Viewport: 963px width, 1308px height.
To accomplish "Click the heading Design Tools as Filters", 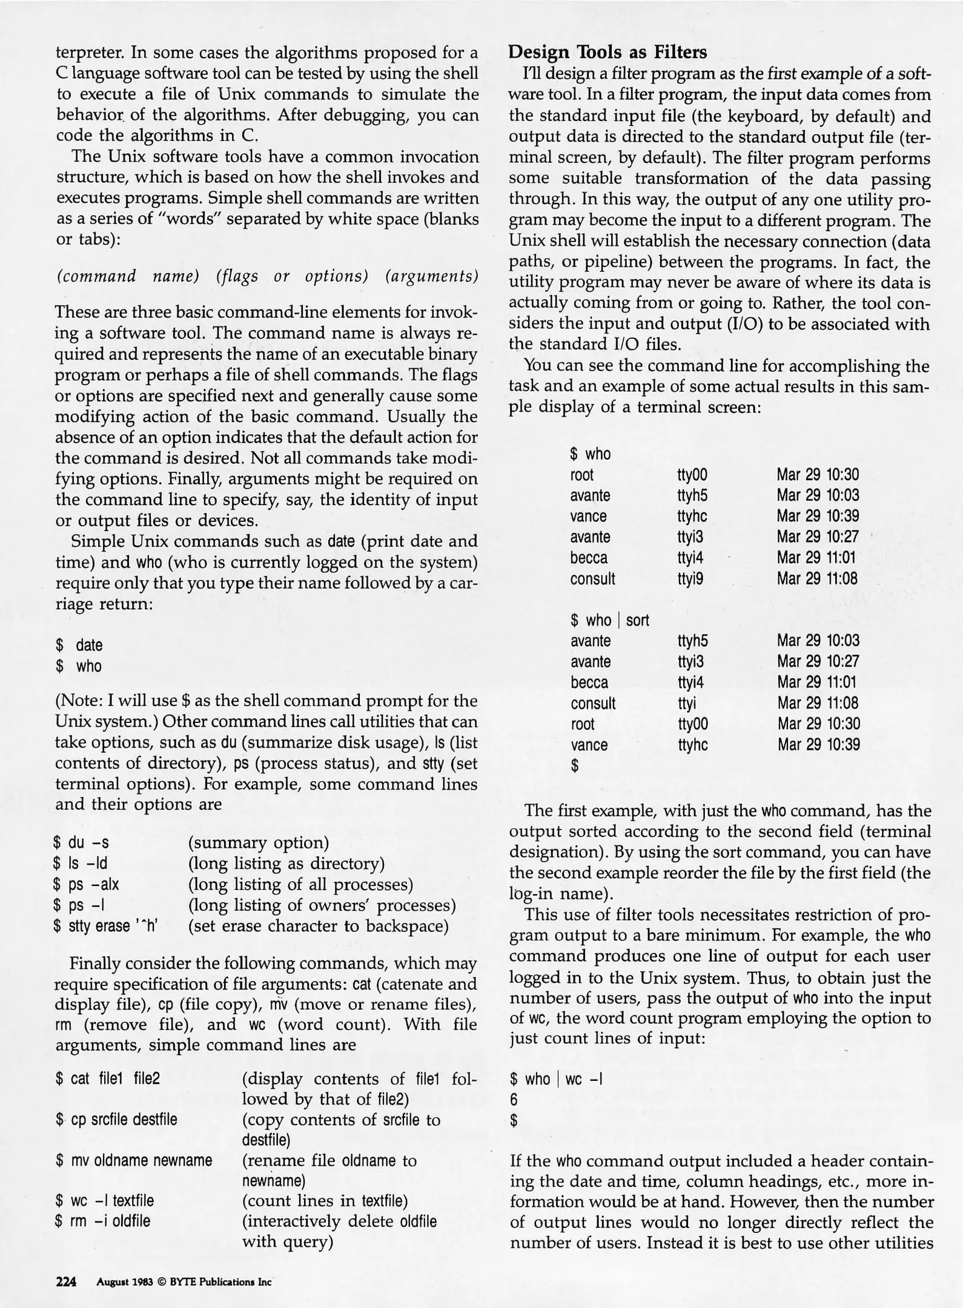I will tap(607, 53).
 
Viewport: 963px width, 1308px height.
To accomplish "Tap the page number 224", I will tap(66, 1281).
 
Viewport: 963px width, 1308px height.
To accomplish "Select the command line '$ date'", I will tap(79, 645).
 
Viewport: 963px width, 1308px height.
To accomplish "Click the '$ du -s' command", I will tap(81, 842).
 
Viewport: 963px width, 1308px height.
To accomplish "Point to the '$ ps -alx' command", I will tap(87, 884).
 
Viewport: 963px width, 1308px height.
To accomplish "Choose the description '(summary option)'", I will tap(259, 842).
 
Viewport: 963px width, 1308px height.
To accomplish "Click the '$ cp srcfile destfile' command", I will tap(116, 1119).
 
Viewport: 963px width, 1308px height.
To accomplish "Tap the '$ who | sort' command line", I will tap(609, 620).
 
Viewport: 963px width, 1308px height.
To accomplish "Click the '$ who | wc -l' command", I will tap(556, 1078).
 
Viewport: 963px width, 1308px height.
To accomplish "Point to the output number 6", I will tap(514, 1100).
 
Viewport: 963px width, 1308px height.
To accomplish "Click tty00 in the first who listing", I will tap(692, 475).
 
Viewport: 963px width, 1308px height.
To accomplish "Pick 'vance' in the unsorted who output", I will tap(588, 516).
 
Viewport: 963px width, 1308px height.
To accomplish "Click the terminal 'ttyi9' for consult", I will tap(690, 578).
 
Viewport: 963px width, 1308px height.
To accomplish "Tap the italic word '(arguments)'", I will tap(432, 276).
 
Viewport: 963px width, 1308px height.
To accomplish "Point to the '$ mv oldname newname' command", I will tap(134, 1160).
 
